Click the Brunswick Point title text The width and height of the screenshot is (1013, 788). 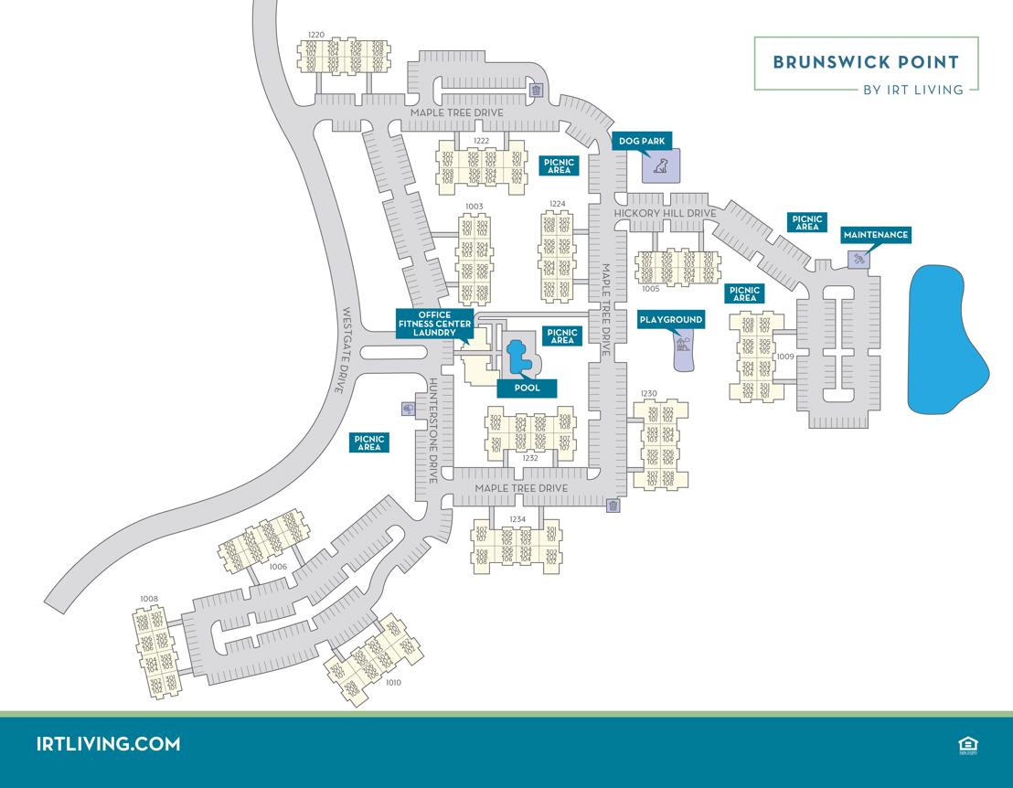(865, 62)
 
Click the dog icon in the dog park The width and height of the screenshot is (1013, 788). (660, 166)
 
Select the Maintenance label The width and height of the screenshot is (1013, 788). (876, 235)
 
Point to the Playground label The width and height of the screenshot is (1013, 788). (671, 320)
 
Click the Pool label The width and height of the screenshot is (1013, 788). (527, 388)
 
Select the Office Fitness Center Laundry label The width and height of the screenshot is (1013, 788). (435, 324)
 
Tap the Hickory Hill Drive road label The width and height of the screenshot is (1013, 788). (665, 213)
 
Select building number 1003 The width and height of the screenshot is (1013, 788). (474, 207)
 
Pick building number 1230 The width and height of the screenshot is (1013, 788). (648, 393)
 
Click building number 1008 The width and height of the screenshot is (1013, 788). (148, 599)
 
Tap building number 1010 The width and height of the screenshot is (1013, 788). (394, 682)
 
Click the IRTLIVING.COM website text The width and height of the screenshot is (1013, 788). (108, 743)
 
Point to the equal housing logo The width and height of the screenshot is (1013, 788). (968, 745)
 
